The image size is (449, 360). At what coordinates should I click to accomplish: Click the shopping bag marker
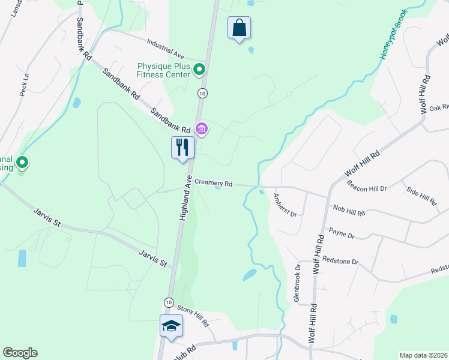point(239,28)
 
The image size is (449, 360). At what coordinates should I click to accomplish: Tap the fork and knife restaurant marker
point(182,147)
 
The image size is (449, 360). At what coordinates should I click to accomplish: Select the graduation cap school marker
point(171,326)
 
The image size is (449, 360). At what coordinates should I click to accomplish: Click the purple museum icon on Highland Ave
point(202,128)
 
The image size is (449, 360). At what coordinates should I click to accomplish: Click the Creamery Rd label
point(212,182)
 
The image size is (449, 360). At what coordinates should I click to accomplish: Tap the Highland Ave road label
point(184,199)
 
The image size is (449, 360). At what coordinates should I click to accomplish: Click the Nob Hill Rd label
point(349,210)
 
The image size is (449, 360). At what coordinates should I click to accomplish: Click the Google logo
point(20,353)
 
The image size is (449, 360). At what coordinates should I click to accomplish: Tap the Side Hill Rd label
point(421,194)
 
